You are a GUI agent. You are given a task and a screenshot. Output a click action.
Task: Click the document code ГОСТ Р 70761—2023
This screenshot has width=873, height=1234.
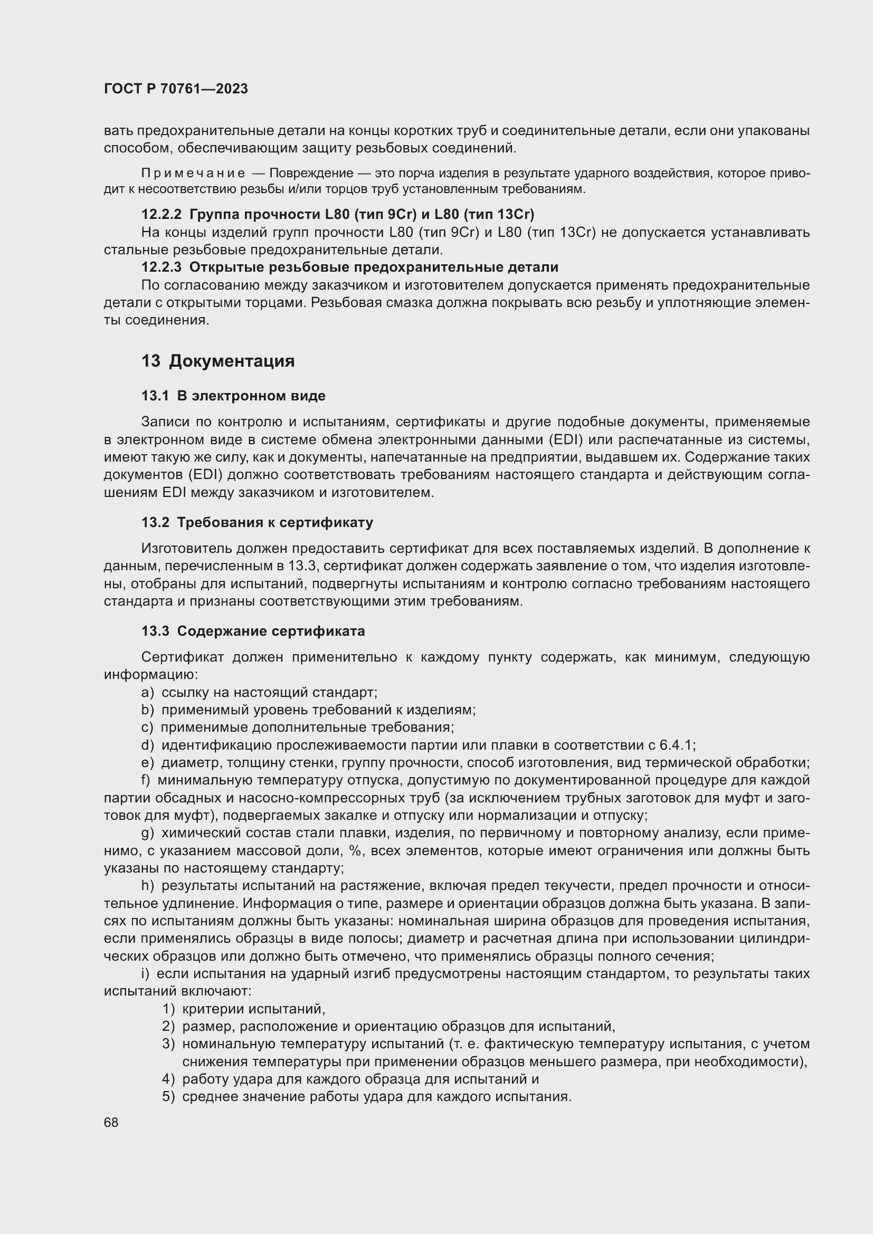176,89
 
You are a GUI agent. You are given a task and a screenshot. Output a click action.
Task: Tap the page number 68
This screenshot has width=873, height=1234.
111,1122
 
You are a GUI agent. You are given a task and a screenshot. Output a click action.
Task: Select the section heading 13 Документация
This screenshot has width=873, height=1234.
217,361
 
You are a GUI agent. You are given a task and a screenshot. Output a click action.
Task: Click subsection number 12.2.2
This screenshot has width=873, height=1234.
162,214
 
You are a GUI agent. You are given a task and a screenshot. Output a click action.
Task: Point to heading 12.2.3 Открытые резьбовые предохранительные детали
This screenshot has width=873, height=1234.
349,267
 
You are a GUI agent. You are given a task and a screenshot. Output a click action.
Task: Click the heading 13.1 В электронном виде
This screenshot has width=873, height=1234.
233,396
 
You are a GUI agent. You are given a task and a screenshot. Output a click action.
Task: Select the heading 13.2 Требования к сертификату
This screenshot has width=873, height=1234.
257,522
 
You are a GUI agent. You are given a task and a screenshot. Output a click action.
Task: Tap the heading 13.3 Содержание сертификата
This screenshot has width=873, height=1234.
253,631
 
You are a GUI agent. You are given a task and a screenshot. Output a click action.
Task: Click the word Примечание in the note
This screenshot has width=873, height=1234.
193,173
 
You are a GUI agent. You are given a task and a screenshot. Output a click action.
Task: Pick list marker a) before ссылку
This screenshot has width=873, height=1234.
147,692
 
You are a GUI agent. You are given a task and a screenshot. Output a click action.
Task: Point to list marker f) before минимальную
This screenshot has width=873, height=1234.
146,780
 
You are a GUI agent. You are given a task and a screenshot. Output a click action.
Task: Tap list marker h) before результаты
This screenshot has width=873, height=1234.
147,885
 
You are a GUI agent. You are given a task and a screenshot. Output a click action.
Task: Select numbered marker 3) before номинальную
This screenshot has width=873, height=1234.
169,1044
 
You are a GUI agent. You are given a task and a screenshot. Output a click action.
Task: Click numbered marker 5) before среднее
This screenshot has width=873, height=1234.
169,1096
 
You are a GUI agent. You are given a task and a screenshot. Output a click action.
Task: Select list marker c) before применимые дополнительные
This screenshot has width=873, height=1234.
147,727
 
